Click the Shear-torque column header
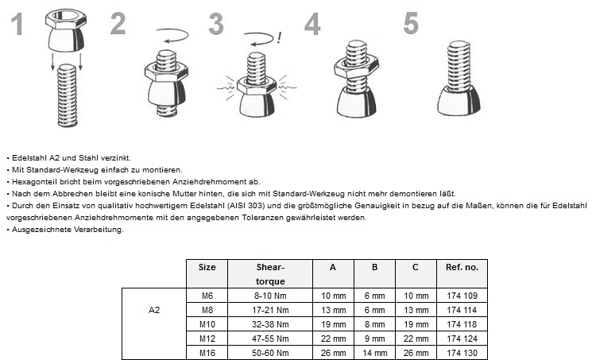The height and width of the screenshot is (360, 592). [271, 274]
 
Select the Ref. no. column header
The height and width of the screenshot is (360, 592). [462, 268]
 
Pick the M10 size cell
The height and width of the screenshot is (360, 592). [207, 324]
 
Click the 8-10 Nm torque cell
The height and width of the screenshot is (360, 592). [271, 296]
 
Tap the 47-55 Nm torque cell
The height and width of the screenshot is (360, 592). [271, 339]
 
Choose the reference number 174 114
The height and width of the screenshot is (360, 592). [462, 310]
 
